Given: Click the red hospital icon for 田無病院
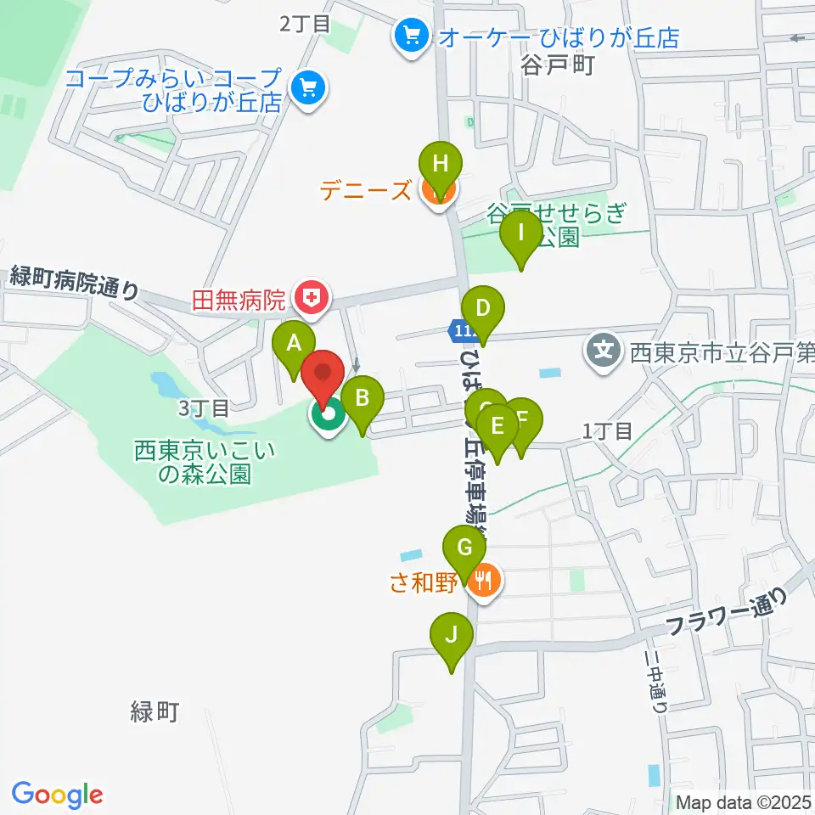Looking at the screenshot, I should coord(312,298).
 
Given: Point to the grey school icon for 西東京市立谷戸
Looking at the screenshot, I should coord(604,348).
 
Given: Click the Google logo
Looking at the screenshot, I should coord(57,795).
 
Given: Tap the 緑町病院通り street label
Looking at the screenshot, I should coord(75,283).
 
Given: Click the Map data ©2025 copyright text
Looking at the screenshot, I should coord(744,802).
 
